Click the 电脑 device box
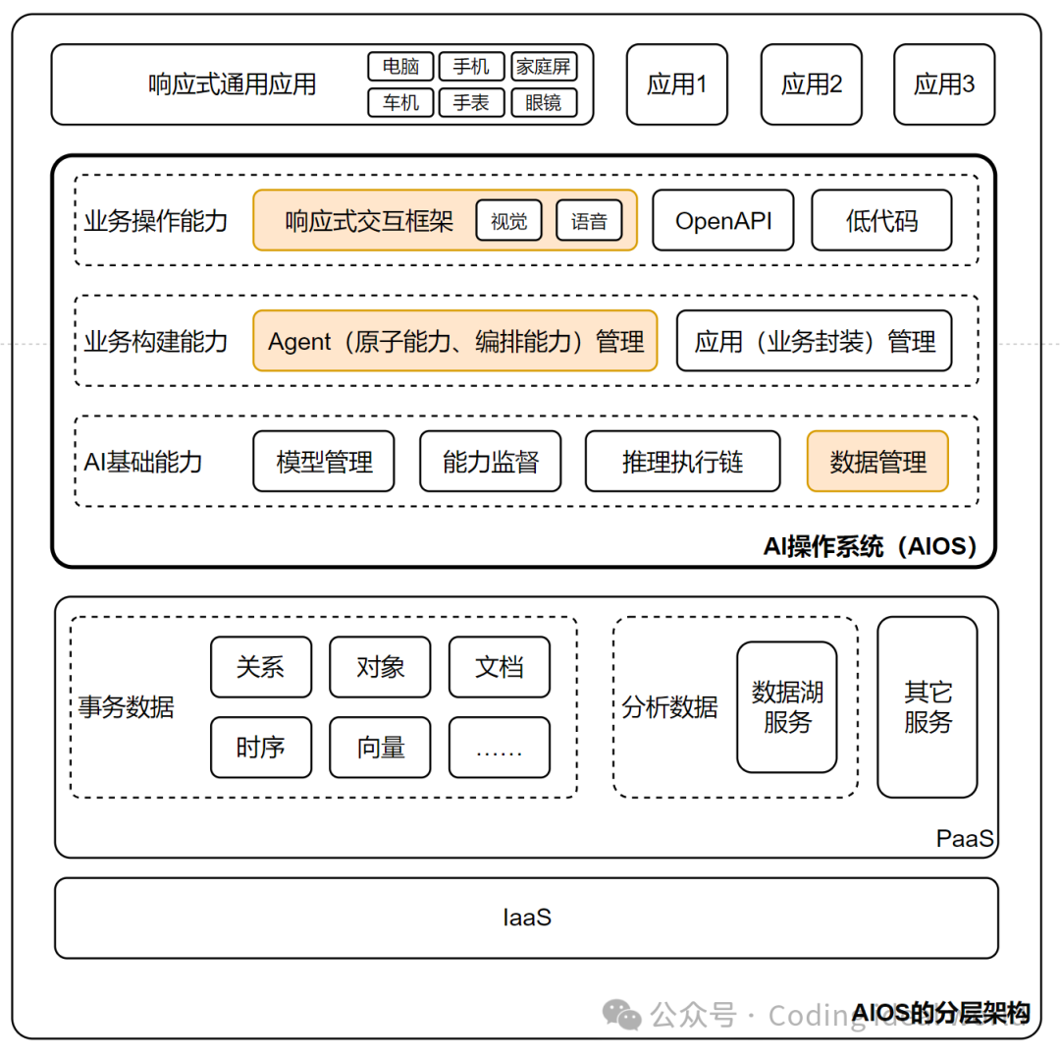tap(400, 67)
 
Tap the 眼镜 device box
tap(544, 102)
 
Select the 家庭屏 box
tap(544, 67)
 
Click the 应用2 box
tap(811, 84)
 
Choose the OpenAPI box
tap(723, 221)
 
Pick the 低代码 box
tap(881, 221)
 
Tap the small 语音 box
tap(589, 221)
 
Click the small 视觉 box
tap(509, 221)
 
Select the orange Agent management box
tap(455, 342)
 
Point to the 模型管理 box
tap(324, 462)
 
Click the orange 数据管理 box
tap(877, 462)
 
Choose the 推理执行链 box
tap(683, 462)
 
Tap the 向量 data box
tap(381, 748)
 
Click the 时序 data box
tap(261, 748)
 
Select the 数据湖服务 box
tap(787, 707)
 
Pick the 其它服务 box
tap(927, 707)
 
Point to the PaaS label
tap(965, 839)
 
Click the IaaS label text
tap(527, 918)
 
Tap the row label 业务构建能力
tap(155, 342)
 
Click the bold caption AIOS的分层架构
tap(940, 1013)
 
